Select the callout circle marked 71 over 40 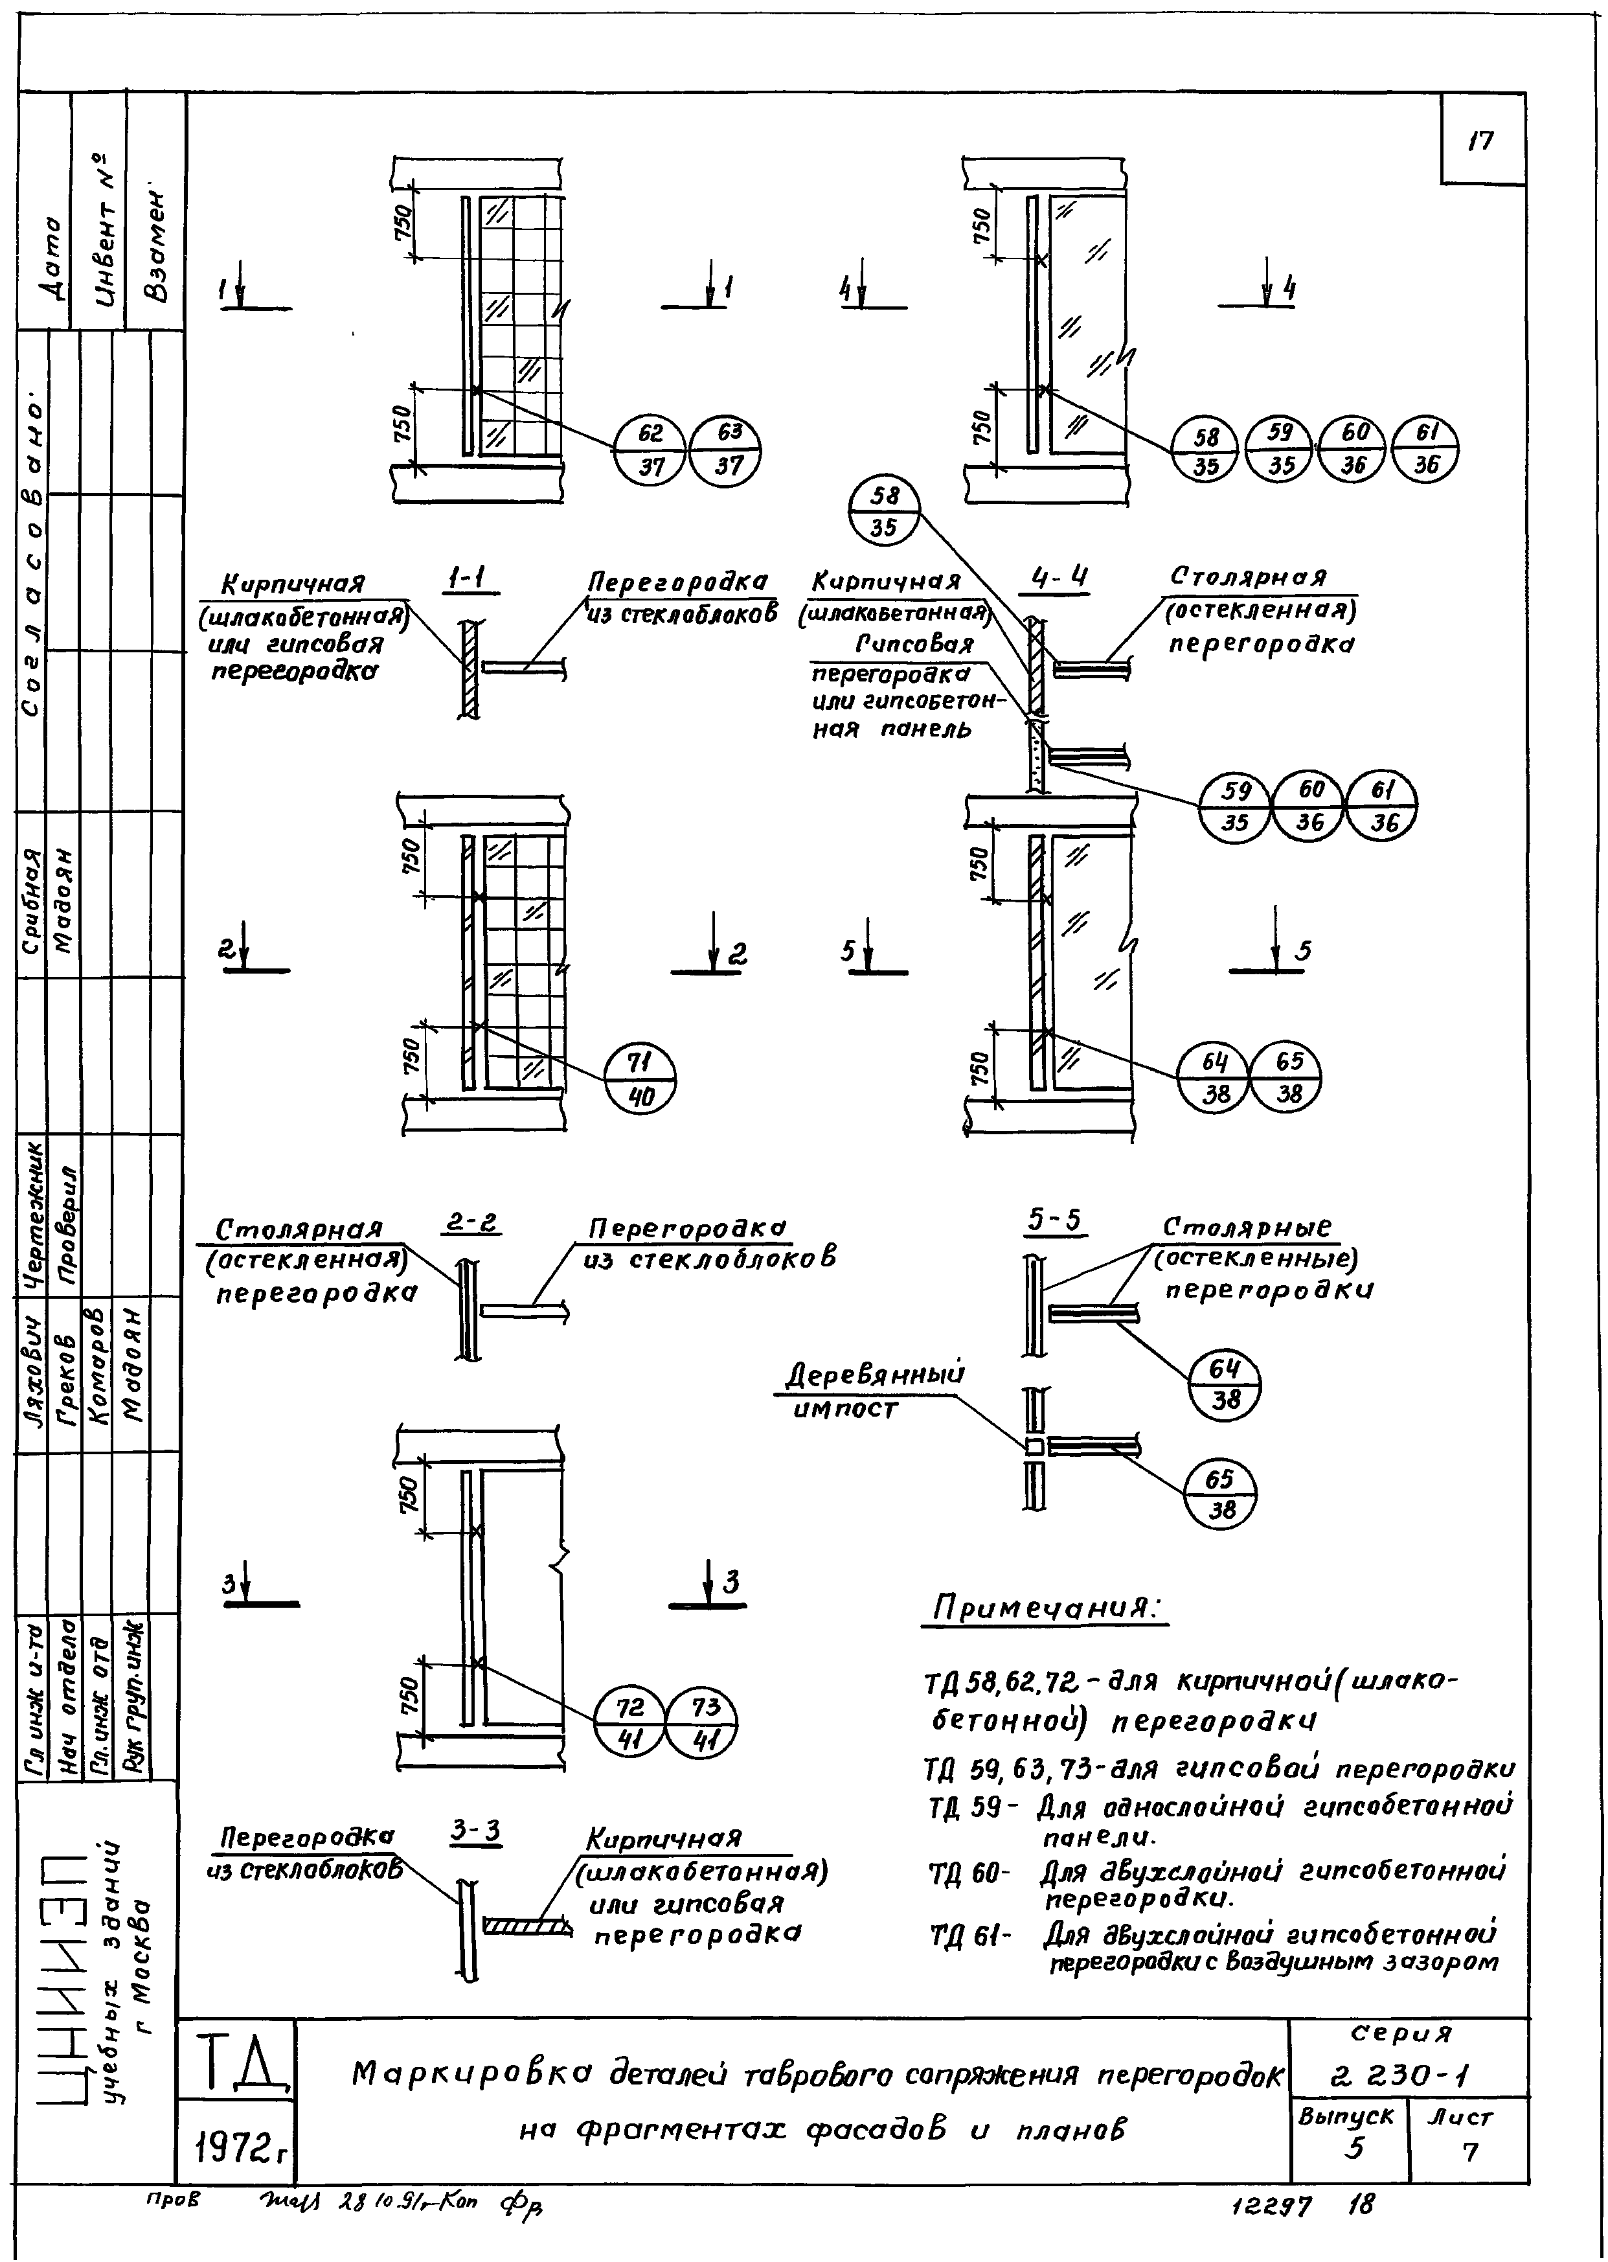click(640, 1077)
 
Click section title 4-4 click(1059, 578)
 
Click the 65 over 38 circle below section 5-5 click(1220, 1494)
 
